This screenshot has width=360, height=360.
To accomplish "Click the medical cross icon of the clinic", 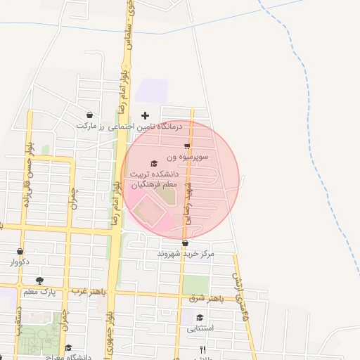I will (146, 115).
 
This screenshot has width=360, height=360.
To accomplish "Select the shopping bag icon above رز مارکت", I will (89, 115).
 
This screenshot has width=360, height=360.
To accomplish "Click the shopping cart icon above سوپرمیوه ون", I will (187, 146).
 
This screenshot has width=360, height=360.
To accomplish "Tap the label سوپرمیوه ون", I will (187, 157).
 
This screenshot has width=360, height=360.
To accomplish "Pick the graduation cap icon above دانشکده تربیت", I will (155, 163).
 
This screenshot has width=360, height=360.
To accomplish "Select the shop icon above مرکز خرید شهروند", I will (185, 243).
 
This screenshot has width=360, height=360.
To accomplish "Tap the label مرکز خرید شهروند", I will (186, 253).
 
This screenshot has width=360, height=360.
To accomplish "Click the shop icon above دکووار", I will (20, 251).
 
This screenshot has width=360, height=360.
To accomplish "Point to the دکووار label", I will (20, 262).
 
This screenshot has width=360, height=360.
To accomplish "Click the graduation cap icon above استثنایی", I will (200, 317).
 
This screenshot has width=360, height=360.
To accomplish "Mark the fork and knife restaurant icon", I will (202, 349).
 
